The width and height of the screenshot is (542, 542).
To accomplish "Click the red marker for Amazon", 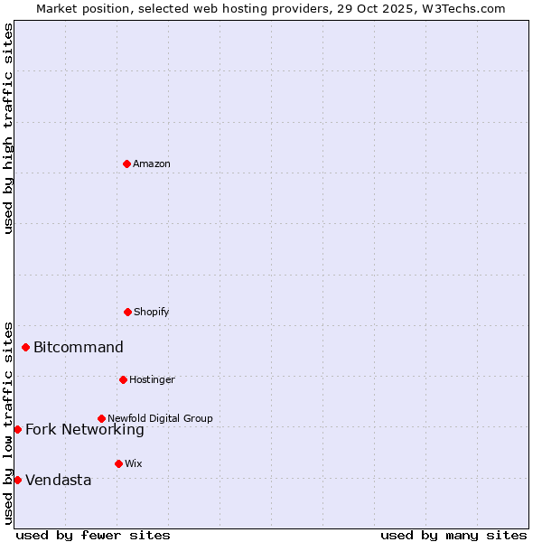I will click(x=126, y=164).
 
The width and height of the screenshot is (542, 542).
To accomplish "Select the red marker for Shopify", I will click(x=127, y=312).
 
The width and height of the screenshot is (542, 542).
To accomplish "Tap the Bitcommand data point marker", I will click(x=25, y=347).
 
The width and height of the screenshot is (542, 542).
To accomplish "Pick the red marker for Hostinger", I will click(x=123, y=379).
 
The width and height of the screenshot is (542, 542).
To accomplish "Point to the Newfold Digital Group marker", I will click(x=101, y=418).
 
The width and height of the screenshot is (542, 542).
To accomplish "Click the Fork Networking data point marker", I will click(x=17, y=429).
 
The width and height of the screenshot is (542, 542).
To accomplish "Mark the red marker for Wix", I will click(x=118, y=463).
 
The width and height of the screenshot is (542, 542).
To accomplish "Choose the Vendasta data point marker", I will click(x=17, y=480).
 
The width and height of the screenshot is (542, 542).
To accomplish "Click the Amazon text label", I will click(x=152, y=164).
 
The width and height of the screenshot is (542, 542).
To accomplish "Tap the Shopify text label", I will click(x=152, y=313).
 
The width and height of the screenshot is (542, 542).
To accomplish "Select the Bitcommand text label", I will click(x=79, y=348).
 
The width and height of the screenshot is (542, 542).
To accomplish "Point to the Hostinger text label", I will click(x=152, y=380).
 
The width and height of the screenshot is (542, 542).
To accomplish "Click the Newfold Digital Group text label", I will click(x=160, y=418).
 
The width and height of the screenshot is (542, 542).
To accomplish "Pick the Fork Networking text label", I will click(x=85, y=430).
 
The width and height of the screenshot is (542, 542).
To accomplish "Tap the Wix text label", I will click(x=134, y=464).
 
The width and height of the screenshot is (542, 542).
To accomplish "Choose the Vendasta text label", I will click(x=59, y=481).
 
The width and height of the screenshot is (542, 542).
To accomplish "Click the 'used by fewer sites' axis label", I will click(x=93, y=535).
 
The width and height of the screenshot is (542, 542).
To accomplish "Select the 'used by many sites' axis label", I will click(x=453, y=535).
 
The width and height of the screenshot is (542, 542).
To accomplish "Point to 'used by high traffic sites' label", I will click(x=8, y=128).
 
